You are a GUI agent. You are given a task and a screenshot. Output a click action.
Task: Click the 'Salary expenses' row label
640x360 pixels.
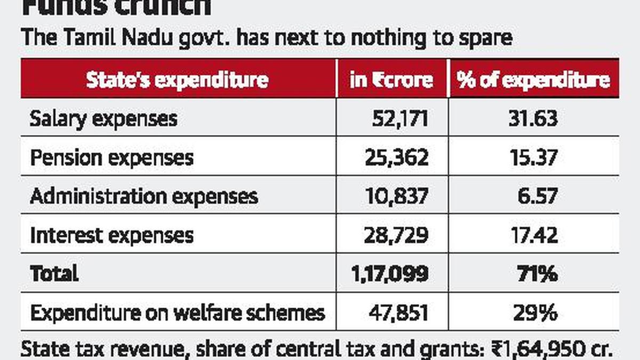pos(103,118)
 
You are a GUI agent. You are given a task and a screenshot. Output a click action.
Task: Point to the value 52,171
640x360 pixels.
pos(400,118)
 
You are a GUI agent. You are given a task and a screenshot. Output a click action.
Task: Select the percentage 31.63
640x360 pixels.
pos(533,118)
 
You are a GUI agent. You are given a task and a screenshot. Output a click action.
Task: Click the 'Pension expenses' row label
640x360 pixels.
pos(111,157)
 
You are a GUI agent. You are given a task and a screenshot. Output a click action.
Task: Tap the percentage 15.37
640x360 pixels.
pos(533,157)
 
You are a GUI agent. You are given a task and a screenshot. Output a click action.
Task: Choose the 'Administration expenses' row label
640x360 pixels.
pos(144,196)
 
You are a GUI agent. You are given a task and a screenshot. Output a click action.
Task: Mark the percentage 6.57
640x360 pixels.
pos(538,196)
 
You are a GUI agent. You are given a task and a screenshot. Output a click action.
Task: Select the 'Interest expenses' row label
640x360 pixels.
pos(111,235)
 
